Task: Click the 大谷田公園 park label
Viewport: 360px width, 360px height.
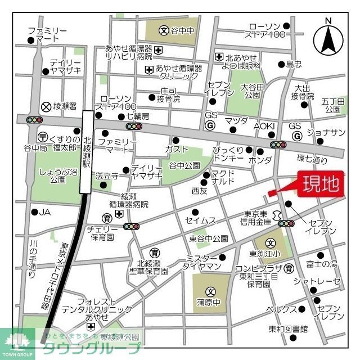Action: point(251,91)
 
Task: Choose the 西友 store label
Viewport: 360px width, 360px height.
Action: point(199,191)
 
